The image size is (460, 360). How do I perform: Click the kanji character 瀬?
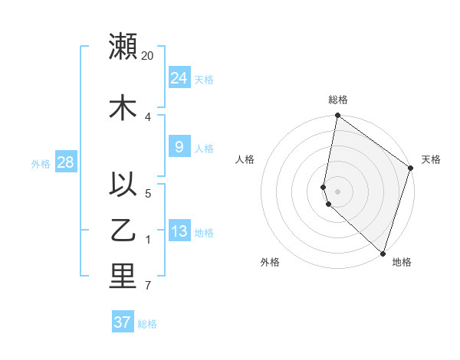(x=123, y=46)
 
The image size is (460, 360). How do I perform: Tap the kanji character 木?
(x=123, y=107)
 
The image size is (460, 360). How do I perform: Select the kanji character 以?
(x=123, y=185)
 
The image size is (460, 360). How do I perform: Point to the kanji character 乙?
(x=123, y=231)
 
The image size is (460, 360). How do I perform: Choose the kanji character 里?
(x=123, y=277)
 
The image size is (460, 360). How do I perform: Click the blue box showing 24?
(x=179, y=77)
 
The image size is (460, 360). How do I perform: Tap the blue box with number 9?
(x=179, y=147)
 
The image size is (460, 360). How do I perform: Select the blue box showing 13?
(x=179, y=231)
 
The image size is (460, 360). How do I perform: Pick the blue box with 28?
(x=65, y=162)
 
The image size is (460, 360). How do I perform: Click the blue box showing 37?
(x=123, y=322)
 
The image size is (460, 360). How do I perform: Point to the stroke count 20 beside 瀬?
(x=148, y=56)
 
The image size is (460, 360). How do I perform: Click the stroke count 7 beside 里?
(x=147, y=286)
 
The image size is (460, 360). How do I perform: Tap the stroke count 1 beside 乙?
(x=147, y=241)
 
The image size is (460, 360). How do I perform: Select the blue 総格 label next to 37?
(x=147, y=324)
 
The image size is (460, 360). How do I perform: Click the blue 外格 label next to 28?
(x=40, y=163)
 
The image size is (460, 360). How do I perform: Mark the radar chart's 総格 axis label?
(x=338, y=100)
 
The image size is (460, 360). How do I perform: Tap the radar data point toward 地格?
(x=383, y=253)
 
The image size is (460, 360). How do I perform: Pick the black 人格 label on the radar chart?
(x=245, y=159)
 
